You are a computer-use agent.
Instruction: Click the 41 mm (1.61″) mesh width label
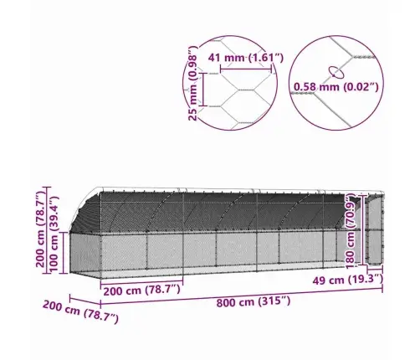point(246,58)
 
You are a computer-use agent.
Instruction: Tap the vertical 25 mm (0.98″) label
point(192,84)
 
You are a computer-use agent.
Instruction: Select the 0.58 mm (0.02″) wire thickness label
point(336,87)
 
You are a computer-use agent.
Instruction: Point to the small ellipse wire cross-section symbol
point(335,71)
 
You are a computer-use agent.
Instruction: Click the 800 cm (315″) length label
point(254,302)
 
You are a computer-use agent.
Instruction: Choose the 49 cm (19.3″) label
point(347,280)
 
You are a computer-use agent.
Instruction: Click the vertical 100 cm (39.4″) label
point(54,234)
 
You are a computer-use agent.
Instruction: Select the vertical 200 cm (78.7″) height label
point(41,229)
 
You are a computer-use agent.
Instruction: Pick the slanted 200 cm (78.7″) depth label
point(80,311)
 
